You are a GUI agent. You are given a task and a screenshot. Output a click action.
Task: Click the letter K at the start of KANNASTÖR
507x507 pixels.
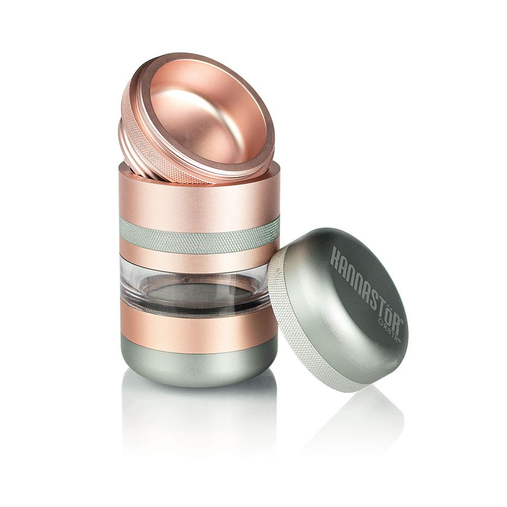click(335, 256)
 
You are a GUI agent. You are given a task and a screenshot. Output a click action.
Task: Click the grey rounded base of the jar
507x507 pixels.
click(198, 365)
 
